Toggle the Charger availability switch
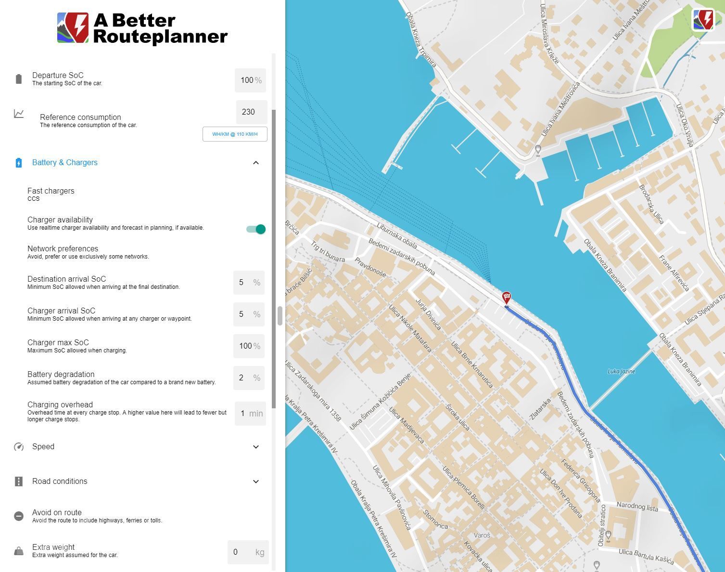[256, 229]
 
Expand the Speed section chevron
[256, 447]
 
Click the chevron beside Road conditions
[256, 481]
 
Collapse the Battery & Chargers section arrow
[256, 163]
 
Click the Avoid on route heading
[57, 512]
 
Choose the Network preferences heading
[63, 249]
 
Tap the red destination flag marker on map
[506, 297]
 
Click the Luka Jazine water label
[621, 371]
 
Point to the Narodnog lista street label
[637, 507]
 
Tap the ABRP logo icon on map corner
[703, 20]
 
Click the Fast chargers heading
[51, 191]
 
